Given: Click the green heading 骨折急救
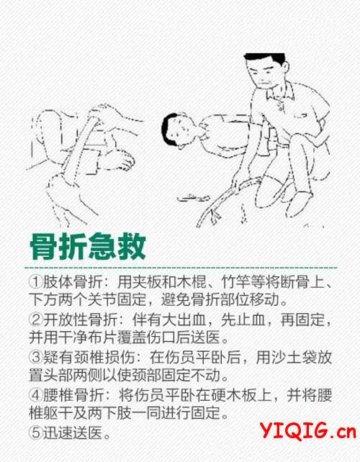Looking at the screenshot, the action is (88, 247).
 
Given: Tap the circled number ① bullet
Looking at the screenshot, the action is (36, 281).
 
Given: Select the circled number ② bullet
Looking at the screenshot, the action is (36, 320).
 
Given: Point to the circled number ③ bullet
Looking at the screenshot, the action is (36, 357).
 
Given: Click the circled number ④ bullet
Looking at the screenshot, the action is (36, 395).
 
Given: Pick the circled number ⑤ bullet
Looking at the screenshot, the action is (36, 432).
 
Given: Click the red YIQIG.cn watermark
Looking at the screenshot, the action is (308, 430).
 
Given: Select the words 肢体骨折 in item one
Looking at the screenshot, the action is (73, 282).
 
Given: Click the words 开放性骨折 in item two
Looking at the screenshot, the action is (80, 320).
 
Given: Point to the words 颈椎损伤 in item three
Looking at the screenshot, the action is (102, 357).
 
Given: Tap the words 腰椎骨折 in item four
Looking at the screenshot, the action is (73, 395).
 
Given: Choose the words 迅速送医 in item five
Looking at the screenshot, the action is (73, 432).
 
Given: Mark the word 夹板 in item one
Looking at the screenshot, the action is (147, 282).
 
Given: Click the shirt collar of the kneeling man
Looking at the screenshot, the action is (279, 91).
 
